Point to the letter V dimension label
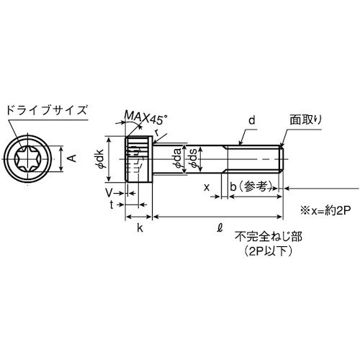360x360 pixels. point(109,193)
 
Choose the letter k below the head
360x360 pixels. point(140,228)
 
